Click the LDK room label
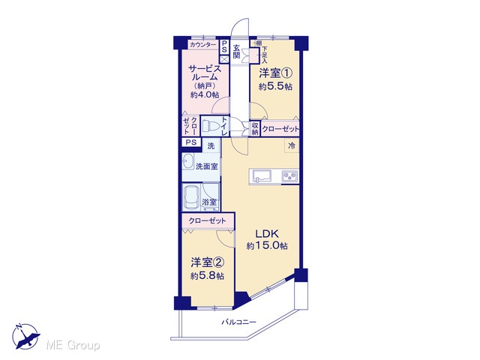pyautogui.click(x=267, y=234)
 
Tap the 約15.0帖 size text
pyautogui.click(x=267, y=245)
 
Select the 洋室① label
pyautogui.click(x=275, y=73)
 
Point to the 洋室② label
pyautogui.click(x=208, y=262)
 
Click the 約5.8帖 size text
pyautogui.click(x=207, y=276)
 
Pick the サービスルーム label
pyautogui.click(x=205, y=73)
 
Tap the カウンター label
pyautogui.click(x=203, y=45)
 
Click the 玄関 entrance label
pyautogui.click(x=236, y=52)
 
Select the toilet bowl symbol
pyautogui.click(x=209, y=126)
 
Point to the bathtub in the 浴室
pyautogui.click(x=191, y=197)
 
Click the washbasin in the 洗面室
pyautogui.click(x=188, y=162)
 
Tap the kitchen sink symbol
pyautogui.click(x=262, y=177)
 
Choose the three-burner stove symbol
pyautogui.click(x=289, y=176)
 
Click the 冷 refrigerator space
pyautogui.click(x=292, y=145)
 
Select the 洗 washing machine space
pyautogui.click(x=211, y=146)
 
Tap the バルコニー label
pyautogui.click(x=238, y=322)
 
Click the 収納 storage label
pyautogui.click(x=255, y=128)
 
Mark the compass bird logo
pyautogui.click(x=26, y=337)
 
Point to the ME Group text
pyautogui.click(x=73, y=345)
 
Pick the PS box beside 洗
pyautogui.click(x=191, y=142)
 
